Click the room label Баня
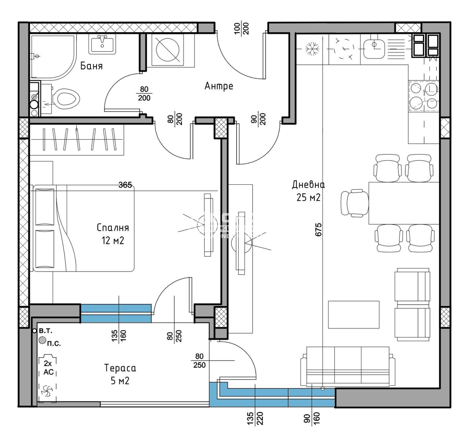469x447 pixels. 91,66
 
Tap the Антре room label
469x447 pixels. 219,86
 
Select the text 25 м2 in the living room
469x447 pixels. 308,198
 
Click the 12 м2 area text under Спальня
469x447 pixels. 113,241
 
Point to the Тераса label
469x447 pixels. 120,368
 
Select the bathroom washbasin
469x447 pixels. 102,44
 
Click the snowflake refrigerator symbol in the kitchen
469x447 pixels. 312,49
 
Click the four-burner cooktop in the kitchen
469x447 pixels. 424,96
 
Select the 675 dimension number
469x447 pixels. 318,230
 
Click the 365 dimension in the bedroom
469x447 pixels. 125,185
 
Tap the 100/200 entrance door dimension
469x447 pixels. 242,28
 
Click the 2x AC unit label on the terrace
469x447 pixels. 48,368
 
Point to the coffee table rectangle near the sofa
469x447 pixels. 354,315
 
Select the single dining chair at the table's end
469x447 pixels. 354,203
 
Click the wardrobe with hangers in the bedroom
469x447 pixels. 77,140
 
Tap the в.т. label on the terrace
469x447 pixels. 45,331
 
